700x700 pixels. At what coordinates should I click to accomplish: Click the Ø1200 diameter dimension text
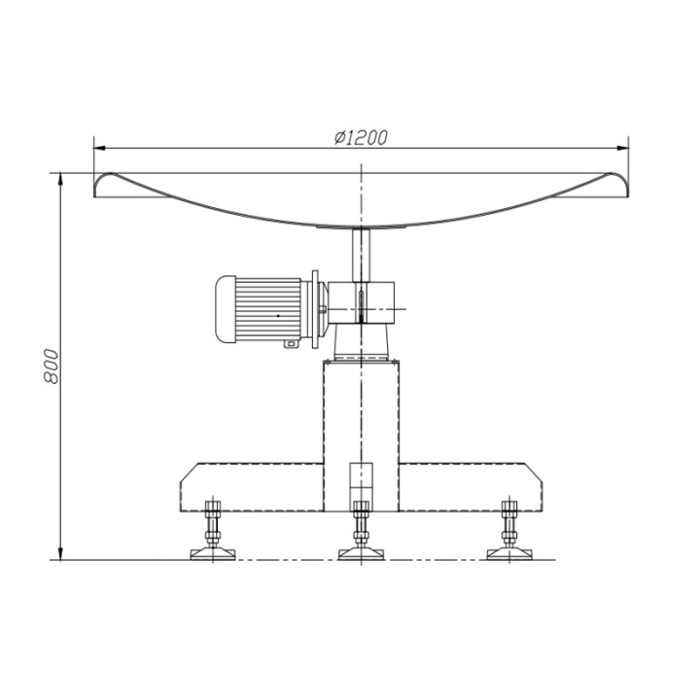361,137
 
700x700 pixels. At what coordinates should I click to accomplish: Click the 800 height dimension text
51,367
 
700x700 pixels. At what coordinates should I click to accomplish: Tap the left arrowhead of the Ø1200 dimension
99,148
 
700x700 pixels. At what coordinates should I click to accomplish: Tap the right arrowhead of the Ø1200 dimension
623,148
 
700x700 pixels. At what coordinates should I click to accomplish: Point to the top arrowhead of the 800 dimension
60,178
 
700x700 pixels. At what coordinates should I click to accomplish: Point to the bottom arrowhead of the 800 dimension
60,553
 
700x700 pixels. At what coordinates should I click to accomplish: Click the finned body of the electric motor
268,309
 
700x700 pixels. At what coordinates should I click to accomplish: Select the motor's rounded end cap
226,309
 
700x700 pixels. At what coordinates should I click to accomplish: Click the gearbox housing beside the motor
361,302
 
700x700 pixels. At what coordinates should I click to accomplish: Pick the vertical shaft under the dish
361,255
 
